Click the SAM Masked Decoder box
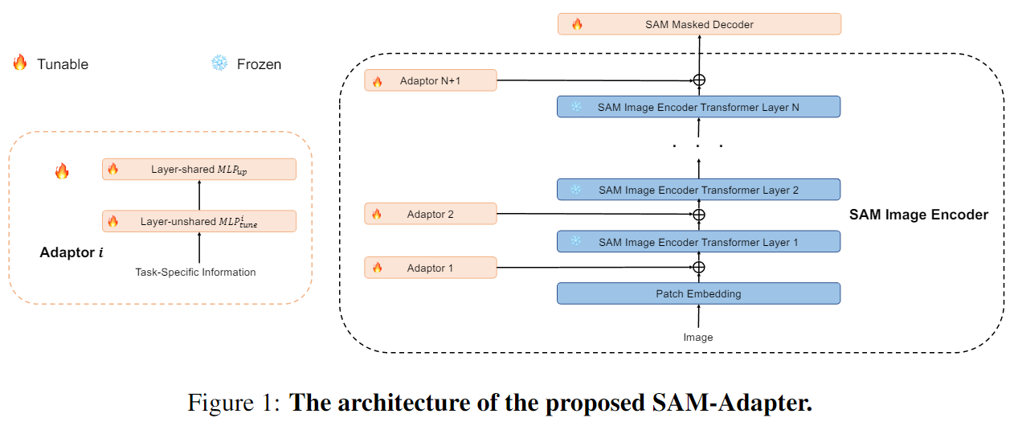[699, 24]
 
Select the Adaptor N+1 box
[431, 80]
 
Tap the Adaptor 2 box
[431, 214]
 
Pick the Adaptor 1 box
[431, 268]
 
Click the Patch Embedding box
[698, 293]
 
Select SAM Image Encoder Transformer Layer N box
[698, 107]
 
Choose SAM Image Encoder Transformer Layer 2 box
[698, 190]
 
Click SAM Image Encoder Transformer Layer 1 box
[698, 242]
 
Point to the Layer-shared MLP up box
[199, 170]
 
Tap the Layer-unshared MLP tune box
[199, 221]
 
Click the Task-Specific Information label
[195, 272]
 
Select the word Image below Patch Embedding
[698, 338]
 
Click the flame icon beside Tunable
[20, 63]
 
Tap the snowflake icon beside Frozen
[219, 63]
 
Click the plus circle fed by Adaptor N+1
[699, 80]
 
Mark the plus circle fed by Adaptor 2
[699, 215]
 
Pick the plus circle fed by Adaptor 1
[699, 267]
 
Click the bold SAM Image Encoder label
[918, 215]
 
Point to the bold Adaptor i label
[72, 252]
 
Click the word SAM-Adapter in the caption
[733, 403]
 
